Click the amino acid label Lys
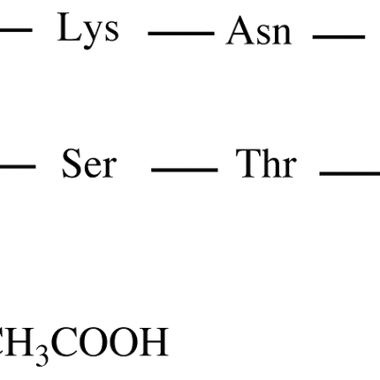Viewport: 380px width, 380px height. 88,31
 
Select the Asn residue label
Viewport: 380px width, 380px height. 259,31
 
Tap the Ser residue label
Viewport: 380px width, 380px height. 89,163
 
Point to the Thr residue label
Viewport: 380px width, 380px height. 266,163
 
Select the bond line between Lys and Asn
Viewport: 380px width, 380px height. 181,34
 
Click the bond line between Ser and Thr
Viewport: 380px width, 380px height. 185,170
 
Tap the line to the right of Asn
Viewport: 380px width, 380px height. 338,37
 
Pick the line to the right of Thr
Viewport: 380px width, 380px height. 350,173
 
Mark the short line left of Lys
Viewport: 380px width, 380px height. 16,29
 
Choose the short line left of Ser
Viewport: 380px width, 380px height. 18,166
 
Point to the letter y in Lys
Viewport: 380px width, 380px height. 90,34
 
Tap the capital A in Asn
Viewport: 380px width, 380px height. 240,31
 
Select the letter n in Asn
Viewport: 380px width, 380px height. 281,34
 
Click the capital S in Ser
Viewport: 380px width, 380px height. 72,163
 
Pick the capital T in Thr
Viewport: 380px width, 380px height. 249,163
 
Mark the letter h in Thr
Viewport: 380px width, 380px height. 272,163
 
